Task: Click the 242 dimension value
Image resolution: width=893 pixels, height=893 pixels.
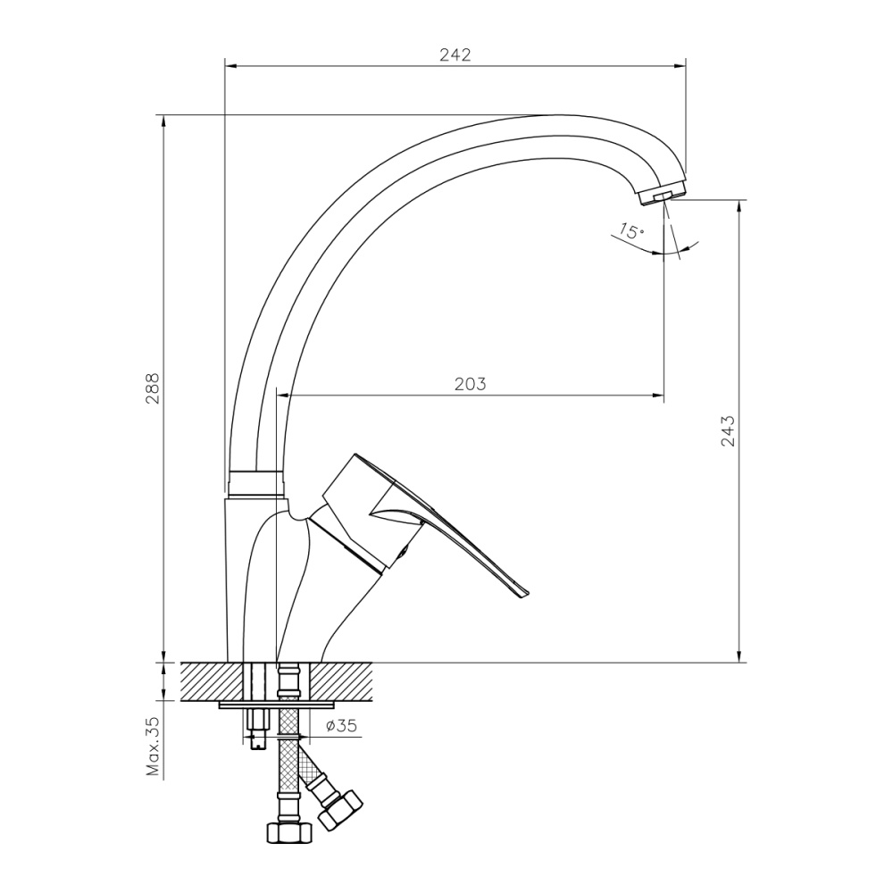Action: tap(455, 54)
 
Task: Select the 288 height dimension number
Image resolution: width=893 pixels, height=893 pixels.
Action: tap(153, 389)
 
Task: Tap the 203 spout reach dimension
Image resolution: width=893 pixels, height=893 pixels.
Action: tap(471, 384)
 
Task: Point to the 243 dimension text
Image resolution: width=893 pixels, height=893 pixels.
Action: tap(727, 430)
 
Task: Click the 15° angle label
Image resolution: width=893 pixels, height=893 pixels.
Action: tap(630, 231)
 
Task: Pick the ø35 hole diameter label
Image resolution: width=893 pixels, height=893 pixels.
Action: tap(341, 726)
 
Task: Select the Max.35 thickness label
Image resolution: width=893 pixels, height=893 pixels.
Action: tap(153, 746)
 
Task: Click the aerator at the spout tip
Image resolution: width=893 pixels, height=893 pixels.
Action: tap(662, 194)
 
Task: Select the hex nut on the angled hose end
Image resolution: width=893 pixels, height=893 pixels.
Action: tap(342, 807)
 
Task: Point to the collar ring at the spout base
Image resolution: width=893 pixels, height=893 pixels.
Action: tap(255, 482)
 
